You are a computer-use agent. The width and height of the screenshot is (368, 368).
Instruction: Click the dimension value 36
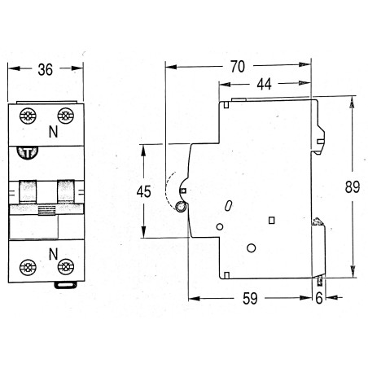46,71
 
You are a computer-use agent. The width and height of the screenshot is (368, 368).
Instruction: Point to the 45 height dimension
144,192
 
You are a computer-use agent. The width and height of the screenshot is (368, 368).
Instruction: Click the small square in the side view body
272,219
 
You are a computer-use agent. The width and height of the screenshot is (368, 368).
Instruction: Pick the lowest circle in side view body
252,247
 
